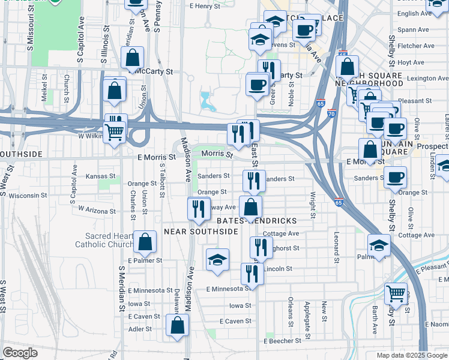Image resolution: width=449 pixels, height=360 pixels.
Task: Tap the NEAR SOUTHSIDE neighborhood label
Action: [x=197, y=231]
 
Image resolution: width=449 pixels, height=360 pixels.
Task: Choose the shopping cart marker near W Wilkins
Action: [x=114, y=132]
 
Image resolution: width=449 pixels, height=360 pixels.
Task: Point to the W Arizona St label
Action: [x=97, y=211]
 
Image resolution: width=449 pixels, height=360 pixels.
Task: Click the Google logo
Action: [x=20, y=353]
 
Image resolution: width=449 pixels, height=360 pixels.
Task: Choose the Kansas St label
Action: [x=100, y=176]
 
